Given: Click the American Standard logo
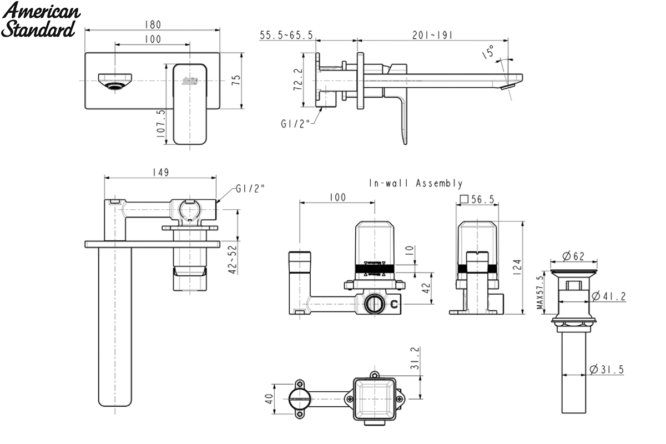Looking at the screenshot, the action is [x=41, y=19].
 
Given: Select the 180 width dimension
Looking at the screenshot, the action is [x=153, y=24].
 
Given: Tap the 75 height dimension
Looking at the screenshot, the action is [x=236, y=80].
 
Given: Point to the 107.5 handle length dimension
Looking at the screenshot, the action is [x=160, y=124].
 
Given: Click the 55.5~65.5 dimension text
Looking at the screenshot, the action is [x=286, y=35].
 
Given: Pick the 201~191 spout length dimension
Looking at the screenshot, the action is [x=432, y=35].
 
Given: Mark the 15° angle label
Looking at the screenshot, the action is [x=488, y=52].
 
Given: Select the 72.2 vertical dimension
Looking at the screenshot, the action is [x=298, y=79].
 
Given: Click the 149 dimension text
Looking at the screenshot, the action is [x=160, y=173].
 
